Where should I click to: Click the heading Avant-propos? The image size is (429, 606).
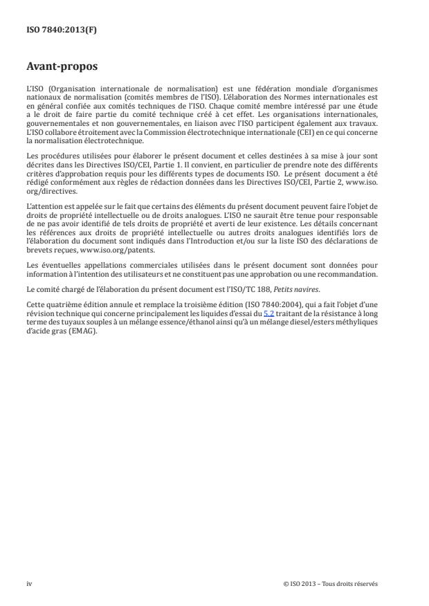coord(62,68)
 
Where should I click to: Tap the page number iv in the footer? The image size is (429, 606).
coord(29,583)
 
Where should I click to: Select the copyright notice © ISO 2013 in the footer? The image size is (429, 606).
coord(331,583)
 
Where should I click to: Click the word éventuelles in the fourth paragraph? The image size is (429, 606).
coord(55,266)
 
